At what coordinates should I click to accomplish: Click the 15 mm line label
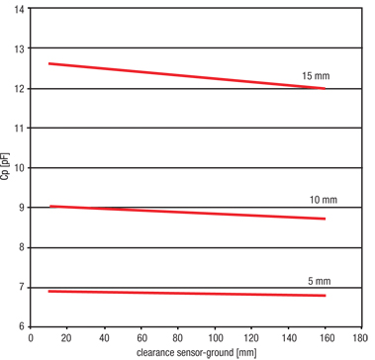[315, 76]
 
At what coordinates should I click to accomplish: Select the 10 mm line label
[323, 200]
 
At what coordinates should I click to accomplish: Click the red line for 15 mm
[178, 76]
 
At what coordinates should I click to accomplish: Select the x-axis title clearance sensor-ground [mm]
[198, 352]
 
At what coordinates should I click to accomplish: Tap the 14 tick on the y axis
[21, 10]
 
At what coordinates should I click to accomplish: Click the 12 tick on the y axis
[21, 89]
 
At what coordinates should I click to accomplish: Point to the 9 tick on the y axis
[24, 208]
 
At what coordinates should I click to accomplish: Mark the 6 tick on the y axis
[24, 326]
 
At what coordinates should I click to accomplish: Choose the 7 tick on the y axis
[24, 287]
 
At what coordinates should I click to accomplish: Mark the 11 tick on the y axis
[21, 129]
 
